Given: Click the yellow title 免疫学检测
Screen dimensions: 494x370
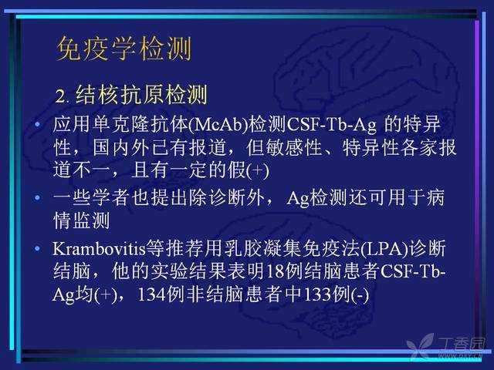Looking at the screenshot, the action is (123, 49).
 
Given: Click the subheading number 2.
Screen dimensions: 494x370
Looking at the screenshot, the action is (62, 96).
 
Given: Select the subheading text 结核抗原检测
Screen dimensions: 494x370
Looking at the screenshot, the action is (141, 94).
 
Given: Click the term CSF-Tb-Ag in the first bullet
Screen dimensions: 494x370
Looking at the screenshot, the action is (331, 125).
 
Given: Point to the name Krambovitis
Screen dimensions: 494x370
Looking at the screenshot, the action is (100, 249).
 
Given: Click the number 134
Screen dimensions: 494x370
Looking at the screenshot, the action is (152, 294).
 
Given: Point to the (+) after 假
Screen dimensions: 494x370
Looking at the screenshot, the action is (258, 171).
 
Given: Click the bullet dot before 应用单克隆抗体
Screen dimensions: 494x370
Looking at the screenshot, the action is (38, 124).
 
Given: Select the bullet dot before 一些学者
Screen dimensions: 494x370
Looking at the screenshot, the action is (38, 197).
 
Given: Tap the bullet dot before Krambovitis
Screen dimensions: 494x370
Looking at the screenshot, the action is (38, 248).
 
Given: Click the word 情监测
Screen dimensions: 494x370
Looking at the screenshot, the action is (82, 220).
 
